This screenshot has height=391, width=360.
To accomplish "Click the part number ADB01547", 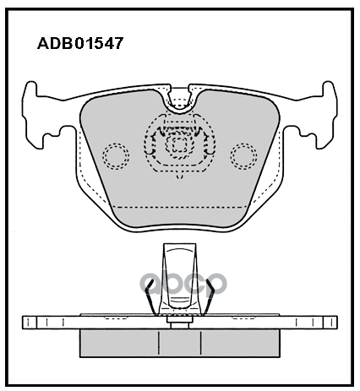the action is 80,43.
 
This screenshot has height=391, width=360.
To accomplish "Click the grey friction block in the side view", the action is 180,343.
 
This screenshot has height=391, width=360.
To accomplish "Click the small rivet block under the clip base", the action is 180,323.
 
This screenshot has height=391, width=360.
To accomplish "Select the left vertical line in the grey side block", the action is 159,343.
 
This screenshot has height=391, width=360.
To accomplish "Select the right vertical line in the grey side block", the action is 201,343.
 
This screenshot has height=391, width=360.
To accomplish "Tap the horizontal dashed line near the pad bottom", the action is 179,207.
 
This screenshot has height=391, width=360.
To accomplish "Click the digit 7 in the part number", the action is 118,44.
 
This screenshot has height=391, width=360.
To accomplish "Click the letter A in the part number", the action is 43,44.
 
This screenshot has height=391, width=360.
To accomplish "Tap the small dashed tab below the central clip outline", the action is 179,176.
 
